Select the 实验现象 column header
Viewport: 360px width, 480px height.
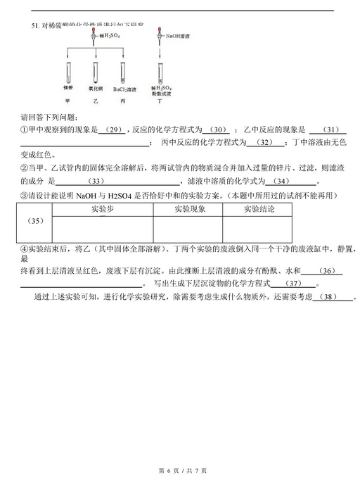click(189, 210)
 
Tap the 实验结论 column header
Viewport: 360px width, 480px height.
click(258, 210)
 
